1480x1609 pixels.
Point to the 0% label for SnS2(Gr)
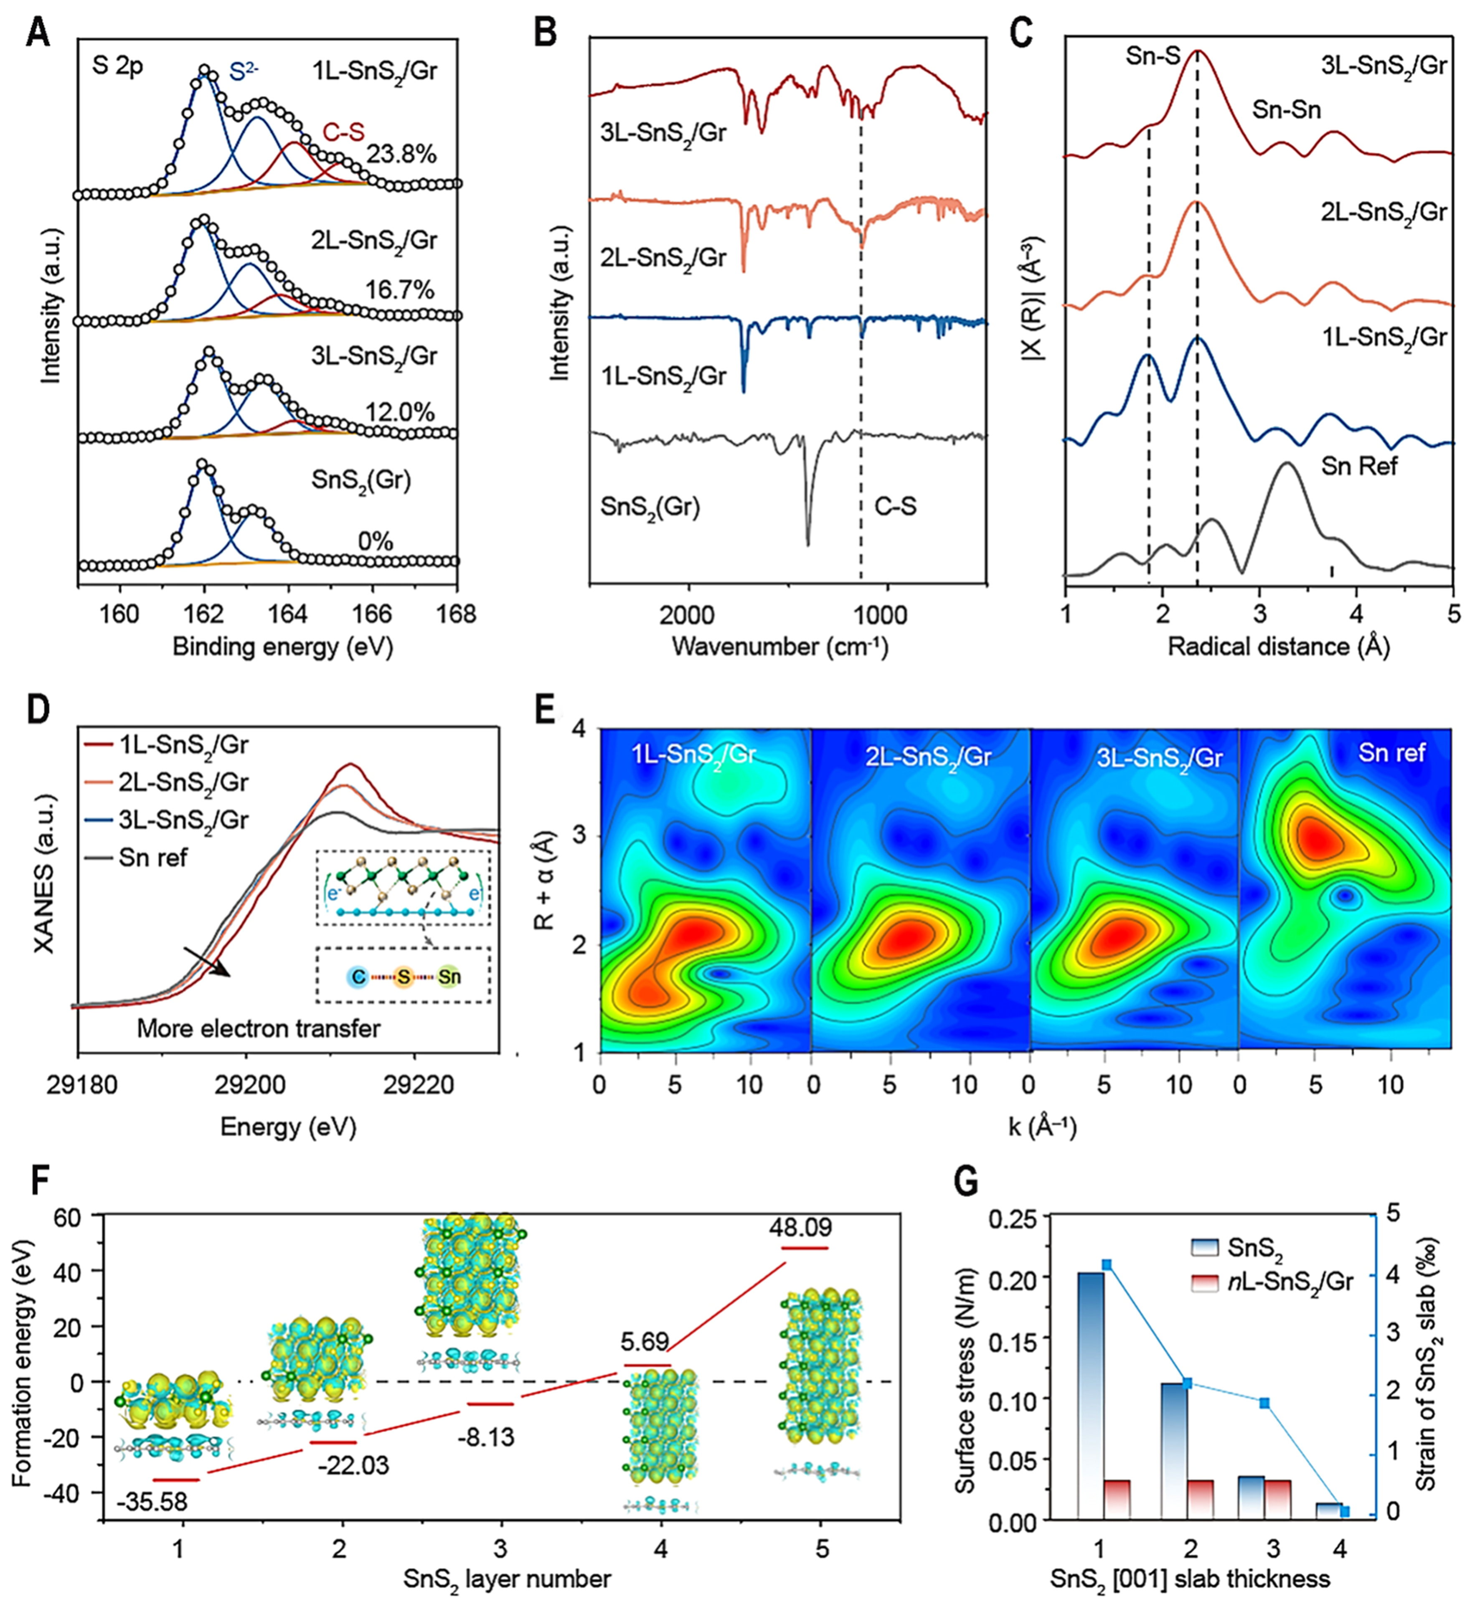point(376,542)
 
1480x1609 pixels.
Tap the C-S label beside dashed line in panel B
point(895,506)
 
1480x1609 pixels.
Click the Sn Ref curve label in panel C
point(1359,466)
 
